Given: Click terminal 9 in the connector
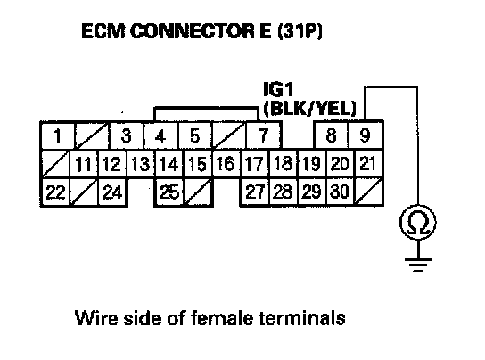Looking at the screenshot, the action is pos(366,135).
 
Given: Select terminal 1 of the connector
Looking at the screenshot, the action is pos(58,135).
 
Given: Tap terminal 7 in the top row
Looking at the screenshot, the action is pos(263,135).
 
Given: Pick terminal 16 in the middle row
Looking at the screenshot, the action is pos(226,163).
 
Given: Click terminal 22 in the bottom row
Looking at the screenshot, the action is pos(55,192).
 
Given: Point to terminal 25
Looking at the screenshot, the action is pos(169,192).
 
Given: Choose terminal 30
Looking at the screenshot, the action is pos(340,192).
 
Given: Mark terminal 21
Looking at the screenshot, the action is pos(368,163).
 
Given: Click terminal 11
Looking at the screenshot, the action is pos(84,164).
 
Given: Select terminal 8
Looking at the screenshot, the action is pos(332,135).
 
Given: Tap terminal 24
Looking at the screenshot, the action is pos(112,192).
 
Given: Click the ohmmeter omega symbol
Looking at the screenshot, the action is pos(418,223).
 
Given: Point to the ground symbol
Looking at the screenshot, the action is pos(418,265).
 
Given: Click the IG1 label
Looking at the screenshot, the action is pos(278,89).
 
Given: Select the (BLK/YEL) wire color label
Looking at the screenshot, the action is pos(310,109).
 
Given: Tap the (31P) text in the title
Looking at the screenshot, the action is pos(300,31).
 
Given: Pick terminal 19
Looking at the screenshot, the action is pos(311,163).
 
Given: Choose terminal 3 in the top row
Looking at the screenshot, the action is pos(127,135).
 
